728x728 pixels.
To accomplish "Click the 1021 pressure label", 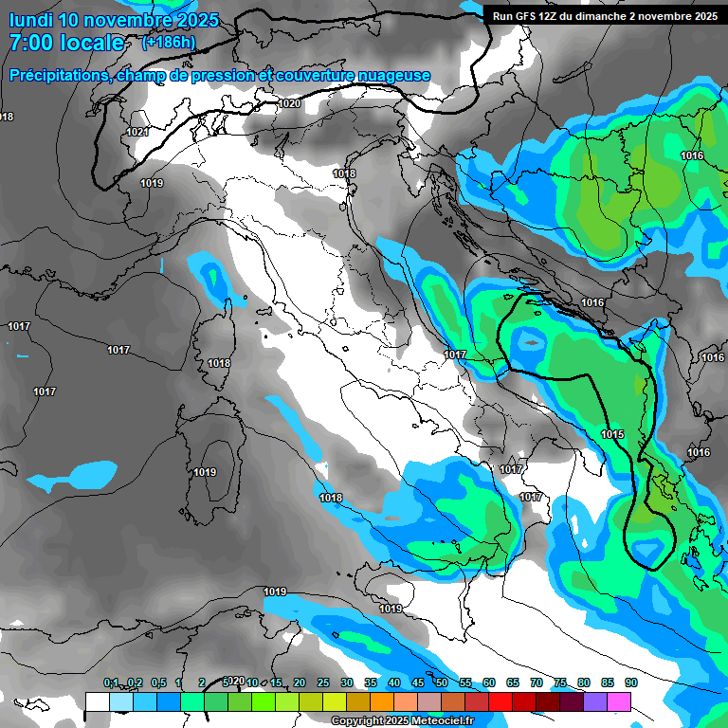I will click(x=137, y=132).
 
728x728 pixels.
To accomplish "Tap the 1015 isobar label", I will click(x=612, y=434).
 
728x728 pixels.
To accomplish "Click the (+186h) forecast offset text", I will click(x=169, y=42).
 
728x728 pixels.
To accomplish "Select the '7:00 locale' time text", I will click(x=66, y=43).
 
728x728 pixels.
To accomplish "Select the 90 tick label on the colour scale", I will click(x=630, y=682).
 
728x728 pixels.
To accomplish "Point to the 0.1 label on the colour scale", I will click(x=111, y=682).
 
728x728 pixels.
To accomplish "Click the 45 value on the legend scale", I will click(x=418, y=682).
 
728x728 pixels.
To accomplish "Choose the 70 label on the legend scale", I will click(x=537, y=682).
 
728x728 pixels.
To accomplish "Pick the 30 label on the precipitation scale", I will click(x=347, y=682).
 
